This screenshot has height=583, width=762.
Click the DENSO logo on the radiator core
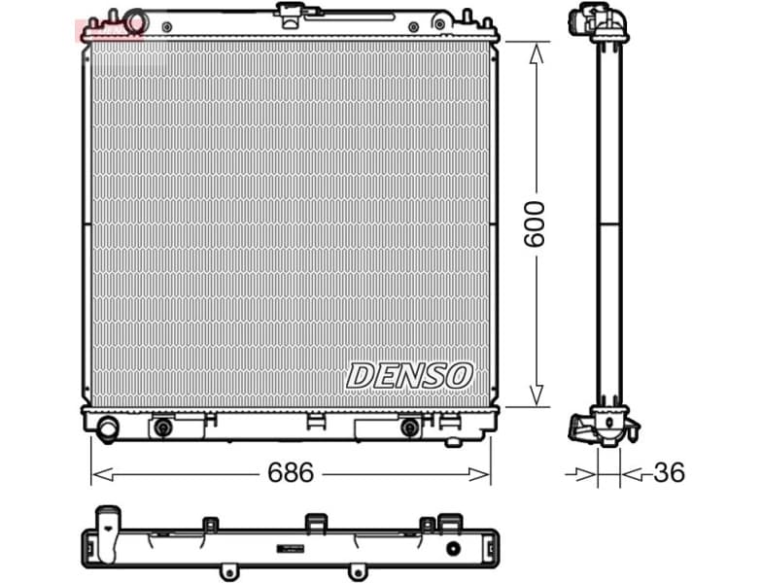point(409,374)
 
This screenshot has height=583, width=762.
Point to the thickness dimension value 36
point(668,473)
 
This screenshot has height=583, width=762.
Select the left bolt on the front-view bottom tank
point(162,427)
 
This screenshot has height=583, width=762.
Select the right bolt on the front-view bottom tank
point(410,427)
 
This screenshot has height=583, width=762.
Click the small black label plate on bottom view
point(293,547)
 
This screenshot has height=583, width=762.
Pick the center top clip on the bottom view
point(314,523)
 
